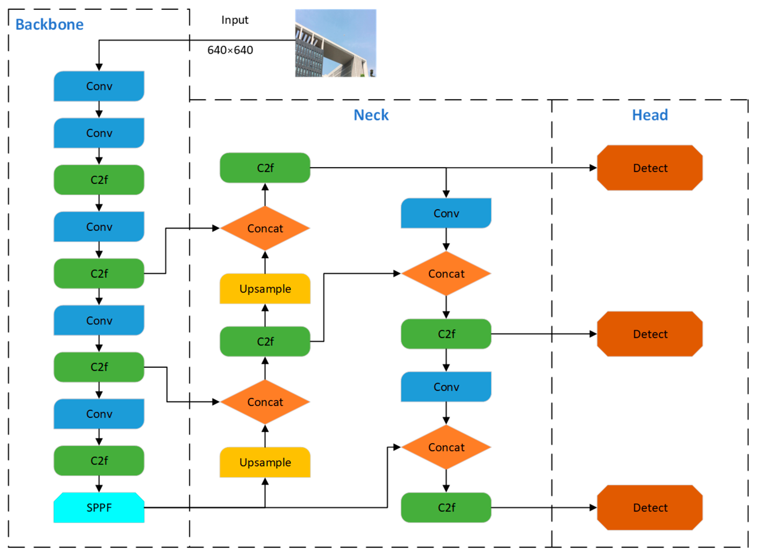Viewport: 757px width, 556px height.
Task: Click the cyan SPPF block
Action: [x=99, y=507]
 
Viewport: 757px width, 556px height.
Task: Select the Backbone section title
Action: [x=50, y=25]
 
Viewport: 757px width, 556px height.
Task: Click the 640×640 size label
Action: [x=230, y=50]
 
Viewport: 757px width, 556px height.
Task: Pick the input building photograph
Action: [x=335, y=43]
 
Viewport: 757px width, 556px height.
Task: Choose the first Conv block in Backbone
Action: [x=99, y=86]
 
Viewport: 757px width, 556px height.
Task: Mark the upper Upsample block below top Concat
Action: [x=265, y=288]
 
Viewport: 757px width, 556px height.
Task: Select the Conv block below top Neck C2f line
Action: [x=446, y=213]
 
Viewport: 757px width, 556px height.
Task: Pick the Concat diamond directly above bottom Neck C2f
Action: [x=446, y=447]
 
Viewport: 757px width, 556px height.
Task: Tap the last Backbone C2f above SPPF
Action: [x=99, y=460]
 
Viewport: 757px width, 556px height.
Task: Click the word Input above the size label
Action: [x=235, y=20]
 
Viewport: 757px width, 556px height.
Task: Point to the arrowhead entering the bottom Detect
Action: [x=593, y=508]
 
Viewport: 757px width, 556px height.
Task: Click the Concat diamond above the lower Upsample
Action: [x=265, y=401]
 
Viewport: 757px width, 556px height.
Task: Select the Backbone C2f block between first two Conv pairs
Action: [x=99, y=180]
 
